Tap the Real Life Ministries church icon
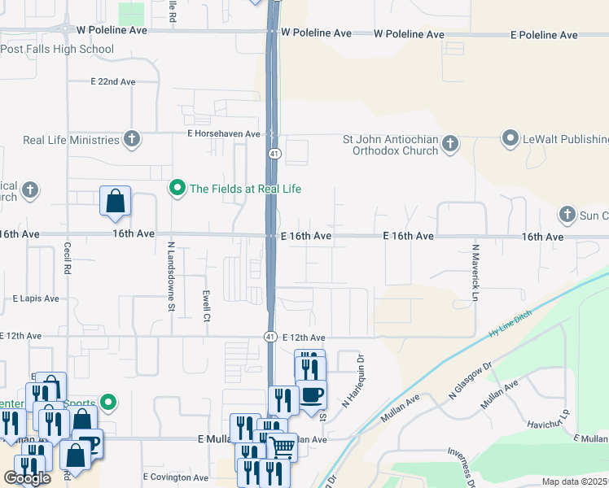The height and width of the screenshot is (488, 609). (131, 140)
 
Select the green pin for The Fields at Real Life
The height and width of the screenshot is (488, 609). (176, 189)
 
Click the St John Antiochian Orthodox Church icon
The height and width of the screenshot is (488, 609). (450, 145)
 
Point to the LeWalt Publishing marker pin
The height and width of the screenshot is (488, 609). (510, 139)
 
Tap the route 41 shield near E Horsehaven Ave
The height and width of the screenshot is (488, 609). (274, 153)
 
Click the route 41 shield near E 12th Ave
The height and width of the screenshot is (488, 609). (269, 336)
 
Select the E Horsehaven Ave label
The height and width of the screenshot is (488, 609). (223, 133)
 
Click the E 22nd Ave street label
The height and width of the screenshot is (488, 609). (113, 82)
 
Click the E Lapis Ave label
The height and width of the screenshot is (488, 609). (36, 298)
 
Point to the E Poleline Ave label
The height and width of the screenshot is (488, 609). (544, 35)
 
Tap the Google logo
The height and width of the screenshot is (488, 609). (27, 478)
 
